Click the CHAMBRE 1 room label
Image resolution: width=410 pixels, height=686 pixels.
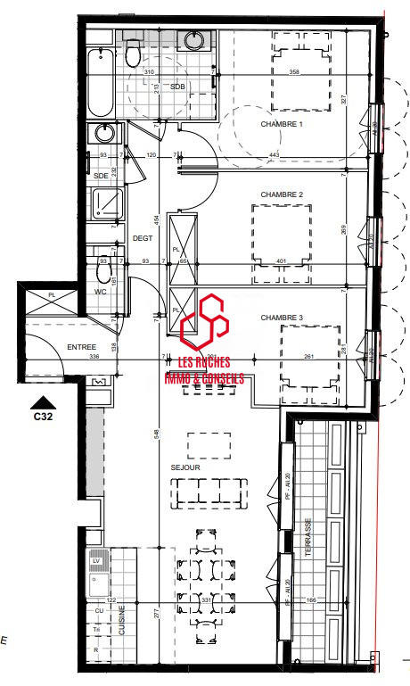coord(282,124)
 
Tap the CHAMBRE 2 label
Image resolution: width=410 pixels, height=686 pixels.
coord(282,194)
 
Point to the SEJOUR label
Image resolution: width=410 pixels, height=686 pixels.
coord(185,467)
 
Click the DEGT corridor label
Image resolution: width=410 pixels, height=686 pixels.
coord(143,238)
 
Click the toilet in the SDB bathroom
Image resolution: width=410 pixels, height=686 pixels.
coord(133,54)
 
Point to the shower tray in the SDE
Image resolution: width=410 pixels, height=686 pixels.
coord(107,204)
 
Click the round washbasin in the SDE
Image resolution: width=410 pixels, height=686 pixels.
coord(102,135)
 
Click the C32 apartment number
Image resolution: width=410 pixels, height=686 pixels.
coord(41,416)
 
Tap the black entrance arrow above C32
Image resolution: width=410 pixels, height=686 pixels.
coord(41,401)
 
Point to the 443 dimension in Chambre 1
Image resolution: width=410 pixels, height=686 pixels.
coord(273,154)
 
